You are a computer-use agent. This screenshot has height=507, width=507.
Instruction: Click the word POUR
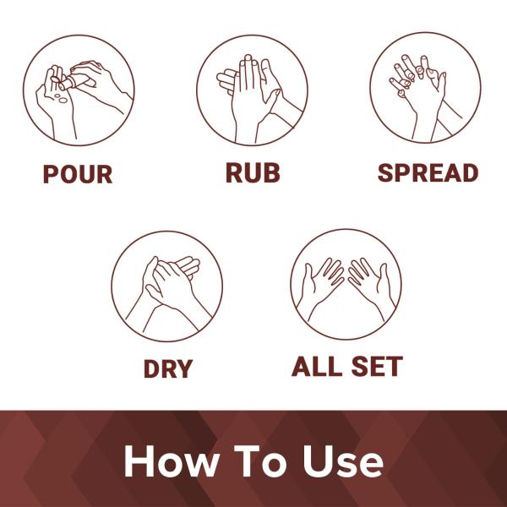click(78, 174)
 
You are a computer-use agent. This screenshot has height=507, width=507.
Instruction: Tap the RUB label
click(253, 173)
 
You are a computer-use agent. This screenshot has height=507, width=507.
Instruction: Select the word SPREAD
click(428, 173)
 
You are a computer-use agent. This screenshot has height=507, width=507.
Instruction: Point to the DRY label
click(168, 368)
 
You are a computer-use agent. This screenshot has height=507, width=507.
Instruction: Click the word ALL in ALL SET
click(317, 367)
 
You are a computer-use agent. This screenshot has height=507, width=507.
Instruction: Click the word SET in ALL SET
click(377, 367)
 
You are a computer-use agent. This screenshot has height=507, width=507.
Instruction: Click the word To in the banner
click(260, 461)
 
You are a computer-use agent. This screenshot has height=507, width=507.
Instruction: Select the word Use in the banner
click(343, 461)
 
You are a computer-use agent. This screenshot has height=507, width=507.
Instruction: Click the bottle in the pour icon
click(72, 82)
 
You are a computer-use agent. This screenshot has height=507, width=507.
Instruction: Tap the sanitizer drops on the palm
click(61, 98)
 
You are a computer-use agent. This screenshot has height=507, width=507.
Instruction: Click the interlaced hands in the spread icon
click(420, 94)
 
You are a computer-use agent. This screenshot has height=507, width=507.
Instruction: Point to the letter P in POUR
click(50, 174)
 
